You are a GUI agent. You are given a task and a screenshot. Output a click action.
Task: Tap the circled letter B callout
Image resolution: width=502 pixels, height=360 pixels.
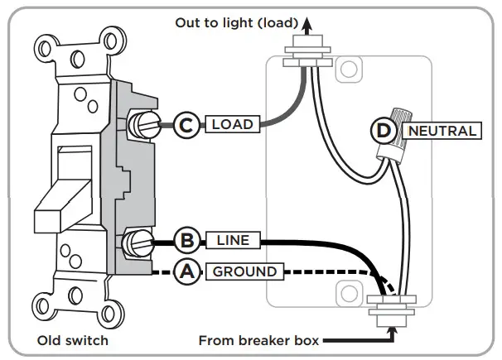[x=187, y=241]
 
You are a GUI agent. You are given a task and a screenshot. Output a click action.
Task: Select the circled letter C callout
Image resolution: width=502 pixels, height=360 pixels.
[x=187, y=125]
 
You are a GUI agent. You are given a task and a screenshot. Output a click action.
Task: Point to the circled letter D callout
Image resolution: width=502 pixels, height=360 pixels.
[x=383, y=131]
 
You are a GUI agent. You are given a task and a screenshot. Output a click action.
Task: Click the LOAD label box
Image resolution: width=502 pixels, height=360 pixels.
[x=232, y=125]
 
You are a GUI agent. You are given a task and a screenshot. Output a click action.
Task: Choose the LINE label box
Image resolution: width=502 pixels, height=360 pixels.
[x=233, y=241]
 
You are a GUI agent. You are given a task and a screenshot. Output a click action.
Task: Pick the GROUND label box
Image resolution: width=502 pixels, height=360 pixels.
[x=245, y=271]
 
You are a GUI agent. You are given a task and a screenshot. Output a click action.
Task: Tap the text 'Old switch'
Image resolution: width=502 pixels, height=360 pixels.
[x=73, y=340]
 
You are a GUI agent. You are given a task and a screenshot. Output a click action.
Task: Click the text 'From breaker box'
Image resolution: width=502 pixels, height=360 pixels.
[x=259, y=339]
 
